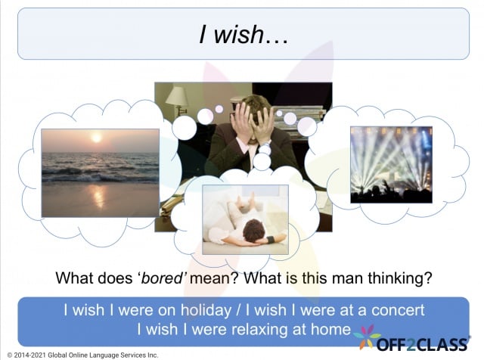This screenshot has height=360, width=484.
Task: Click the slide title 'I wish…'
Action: tap(241, 34)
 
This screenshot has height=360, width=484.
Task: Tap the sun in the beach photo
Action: tap(96, 138)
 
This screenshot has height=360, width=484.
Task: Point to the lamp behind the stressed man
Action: tap(176, 98)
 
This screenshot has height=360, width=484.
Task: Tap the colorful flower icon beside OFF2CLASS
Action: tap(368, 338)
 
